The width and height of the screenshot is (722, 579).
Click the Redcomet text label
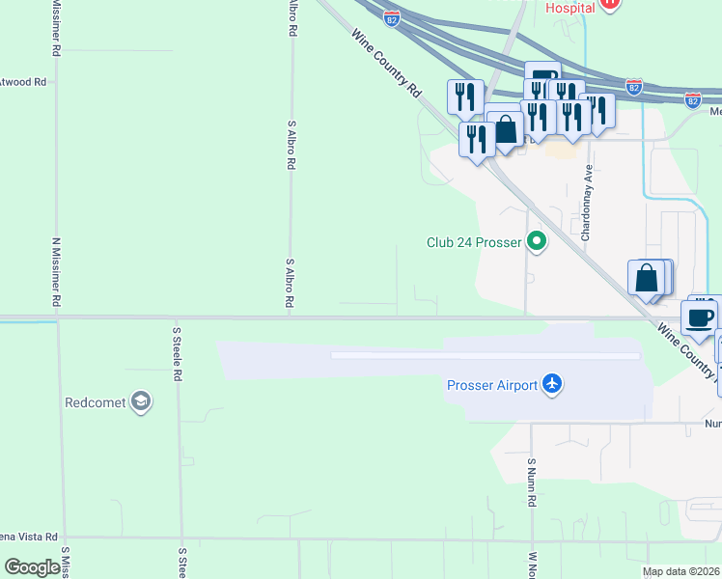click(x=96, y=402)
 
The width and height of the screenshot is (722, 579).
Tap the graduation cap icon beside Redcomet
click(x=141, y=402)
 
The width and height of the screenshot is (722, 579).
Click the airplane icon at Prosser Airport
click(x=552, y=385)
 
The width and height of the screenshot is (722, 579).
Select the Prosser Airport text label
click(x=491, y=385)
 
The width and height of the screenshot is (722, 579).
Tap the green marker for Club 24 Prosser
click(x=536, y=242)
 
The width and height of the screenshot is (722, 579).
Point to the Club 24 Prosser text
click(x=474, y=242)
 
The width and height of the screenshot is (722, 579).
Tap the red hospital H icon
click(x=609, y=4)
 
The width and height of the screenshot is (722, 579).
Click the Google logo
click(x=32, y=567)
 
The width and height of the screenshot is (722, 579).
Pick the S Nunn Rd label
click(x=531, y=482)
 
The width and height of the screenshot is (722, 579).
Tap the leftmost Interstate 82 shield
click(x=391, y=18)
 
